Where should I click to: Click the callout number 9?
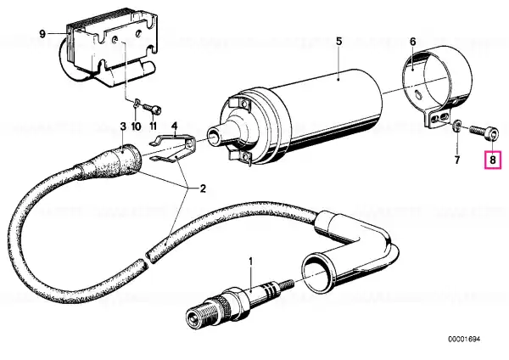click(42, 34)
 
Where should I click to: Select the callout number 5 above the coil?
click(338, 42)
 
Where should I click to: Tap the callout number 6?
click(412, 42)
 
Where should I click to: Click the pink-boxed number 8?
click(493, 160)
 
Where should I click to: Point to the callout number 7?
click(457, 160)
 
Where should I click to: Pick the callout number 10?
click(137, 126)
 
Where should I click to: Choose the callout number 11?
click(153, 126)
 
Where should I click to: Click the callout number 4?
click(175, 125)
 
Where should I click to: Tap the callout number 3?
click(123, 127)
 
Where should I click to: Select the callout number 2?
click(202, 188)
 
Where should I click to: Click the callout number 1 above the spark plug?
click(250, 262)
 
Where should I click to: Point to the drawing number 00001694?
click(464, 340)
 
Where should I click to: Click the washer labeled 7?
click(456, 125)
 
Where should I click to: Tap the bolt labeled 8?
click(483, 133)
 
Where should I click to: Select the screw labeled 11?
click(152, 108)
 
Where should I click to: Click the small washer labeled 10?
click(137, 104)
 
